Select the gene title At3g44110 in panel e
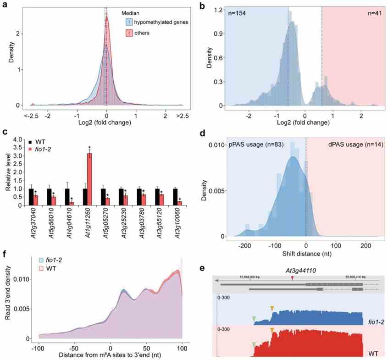click(x=293, y=271)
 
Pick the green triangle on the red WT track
click(x=254, y=344)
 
